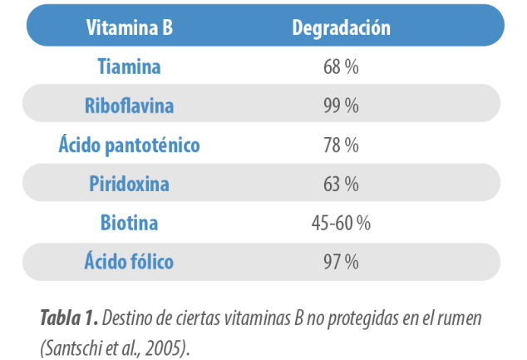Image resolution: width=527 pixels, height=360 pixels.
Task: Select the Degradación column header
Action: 341,27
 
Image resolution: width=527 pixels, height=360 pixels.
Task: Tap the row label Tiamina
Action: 129,66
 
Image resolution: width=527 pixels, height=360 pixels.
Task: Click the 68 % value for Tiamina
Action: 341,66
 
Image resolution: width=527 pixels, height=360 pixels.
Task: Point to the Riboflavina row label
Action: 129,106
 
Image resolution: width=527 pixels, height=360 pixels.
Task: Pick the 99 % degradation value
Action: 341,106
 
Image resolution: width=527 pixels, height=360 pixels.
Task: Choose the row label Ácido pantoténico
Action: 129,145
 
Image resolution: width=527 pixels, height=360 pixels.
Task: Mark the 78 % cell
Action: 341,145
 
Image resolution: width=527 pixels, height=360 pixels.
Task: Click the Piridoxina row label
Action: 129,184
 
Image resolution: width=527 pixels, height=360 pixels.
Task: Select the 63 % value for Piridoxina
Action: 341,184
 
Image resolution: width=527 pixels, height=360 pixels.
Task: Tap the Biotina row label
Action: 129,223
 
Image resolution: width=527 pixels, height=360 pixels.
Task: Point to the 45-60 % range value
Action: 340,223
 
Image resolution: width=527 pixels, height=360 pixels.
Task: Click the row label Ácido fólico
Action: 129,262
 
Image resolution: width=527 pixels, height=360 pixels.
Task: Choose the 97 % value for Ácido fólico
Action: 341,262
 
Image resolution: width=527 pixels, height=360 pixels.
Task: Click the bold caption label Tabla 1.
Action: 69,317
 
